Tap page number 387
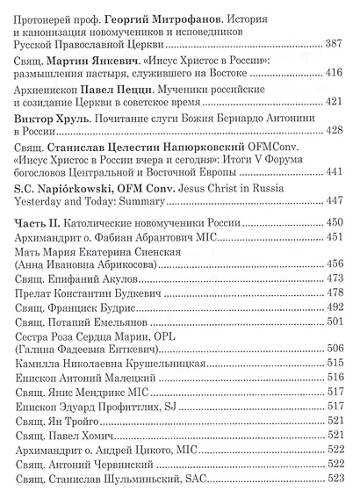click(335, 44)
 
